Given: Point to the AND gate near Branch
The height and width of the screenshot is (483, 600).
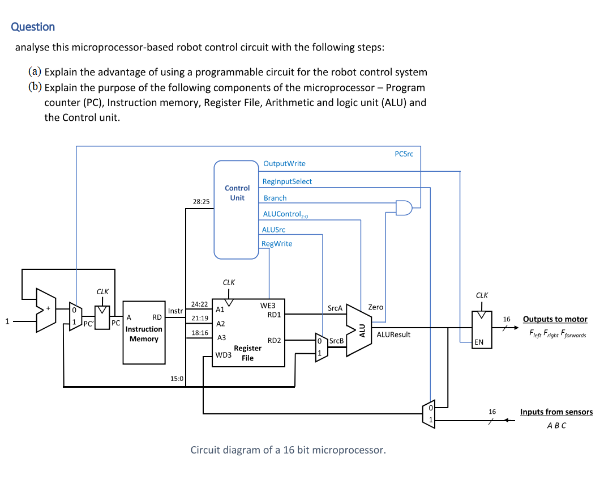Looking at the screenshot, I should pyautogui.click(x=404, y=208).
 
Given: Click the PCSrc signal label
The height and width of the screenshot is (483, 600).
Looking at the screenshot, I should pyautogui.click(x=404, y=154).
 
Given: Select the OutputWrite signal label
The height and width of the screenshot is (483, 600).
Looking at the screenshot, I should pyautogui.click(x=284, y=164).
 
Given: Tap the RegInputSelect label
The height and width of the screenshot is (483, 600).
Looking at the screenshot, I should pyautogui.click(x=287, y=181).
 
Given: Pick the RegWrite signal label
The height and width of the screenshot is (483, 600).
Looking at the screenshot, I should pyautogui.click(x=277, y=244).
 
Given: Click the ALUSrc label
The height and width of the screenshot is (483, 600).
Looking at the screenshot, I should pyautogui.click(x=273, y=230).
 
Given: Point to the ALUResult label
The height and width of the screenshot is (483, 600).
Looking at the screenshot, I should pyautogui.click(x=393, y=334).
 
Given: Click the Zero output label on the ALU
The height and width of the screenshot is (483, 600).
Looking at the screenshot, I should pyautogui.click(x=376, y=307).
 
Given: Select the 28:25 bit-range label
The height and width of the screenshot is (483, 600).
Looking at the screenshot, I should pyautogui.click(x=201, y=201).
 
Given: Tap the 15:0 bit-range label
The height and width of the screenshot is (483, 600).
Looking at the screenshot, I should pyautogui.click(x=177, y=378).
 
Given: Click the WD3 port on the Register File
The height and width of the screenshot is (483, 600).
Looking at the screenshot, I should pyautogui.click(x=223, y=355).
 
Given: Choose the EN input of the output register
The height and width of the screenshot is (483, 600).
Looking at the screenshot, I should pyautogui.click(x=479, y=342).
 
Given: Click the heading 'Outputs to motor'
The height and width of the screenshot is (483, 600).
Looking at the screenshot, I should pyautogui.click(x=555, y=319).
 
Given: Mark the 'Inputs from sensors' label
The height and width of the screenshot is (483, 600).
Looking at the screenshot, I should pyautogui.click(x=556, y=412).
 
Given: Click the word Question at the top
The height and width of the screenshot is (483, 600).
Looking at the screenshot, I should pyautogui.click(x=33, y=27).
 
